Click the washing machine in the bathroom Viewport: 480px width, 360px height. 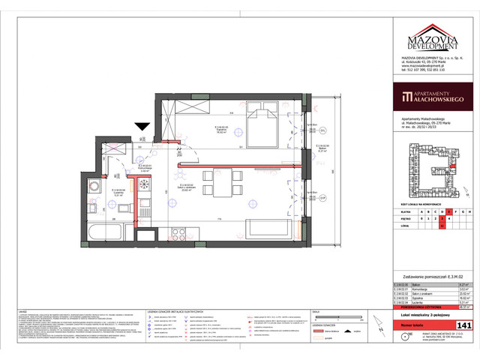tap(93, 184)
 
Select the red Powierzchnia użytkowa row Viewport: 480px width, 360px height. tap(430, 307)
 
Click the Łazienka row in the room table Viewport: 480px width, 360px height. tap(430, 301)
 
